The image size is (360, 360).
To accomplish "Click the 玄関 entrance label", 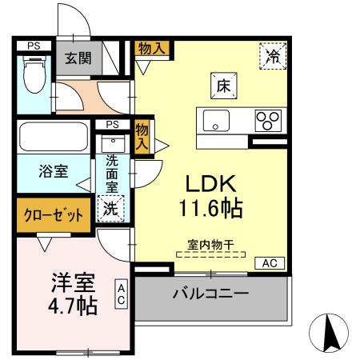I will click(x=78, y=58).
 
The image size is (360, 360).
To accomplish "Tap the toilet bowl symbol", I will click(x=34, y=78).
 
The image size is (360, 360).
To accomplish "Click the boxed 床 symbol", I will click(x=222, y=82).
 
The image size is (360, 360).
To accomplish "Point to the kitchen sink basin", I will click(x=217, y=122).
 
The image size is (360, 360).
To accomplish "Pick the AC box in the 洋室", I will click(x=122, y=294).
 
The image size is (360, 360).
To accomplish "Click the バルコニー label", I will click(x=210, y=294).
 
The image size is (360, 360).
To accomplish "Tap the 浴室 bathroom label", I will click(x=54, y=170).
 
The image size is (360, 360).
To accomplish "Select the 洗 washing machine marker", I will click(x=110, y=209).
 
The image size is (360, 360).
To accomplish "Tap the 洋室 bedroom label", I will click(x=74, y=282).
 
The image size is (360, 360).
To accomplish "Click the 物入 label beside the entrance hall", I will click(x=151, y=48).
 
